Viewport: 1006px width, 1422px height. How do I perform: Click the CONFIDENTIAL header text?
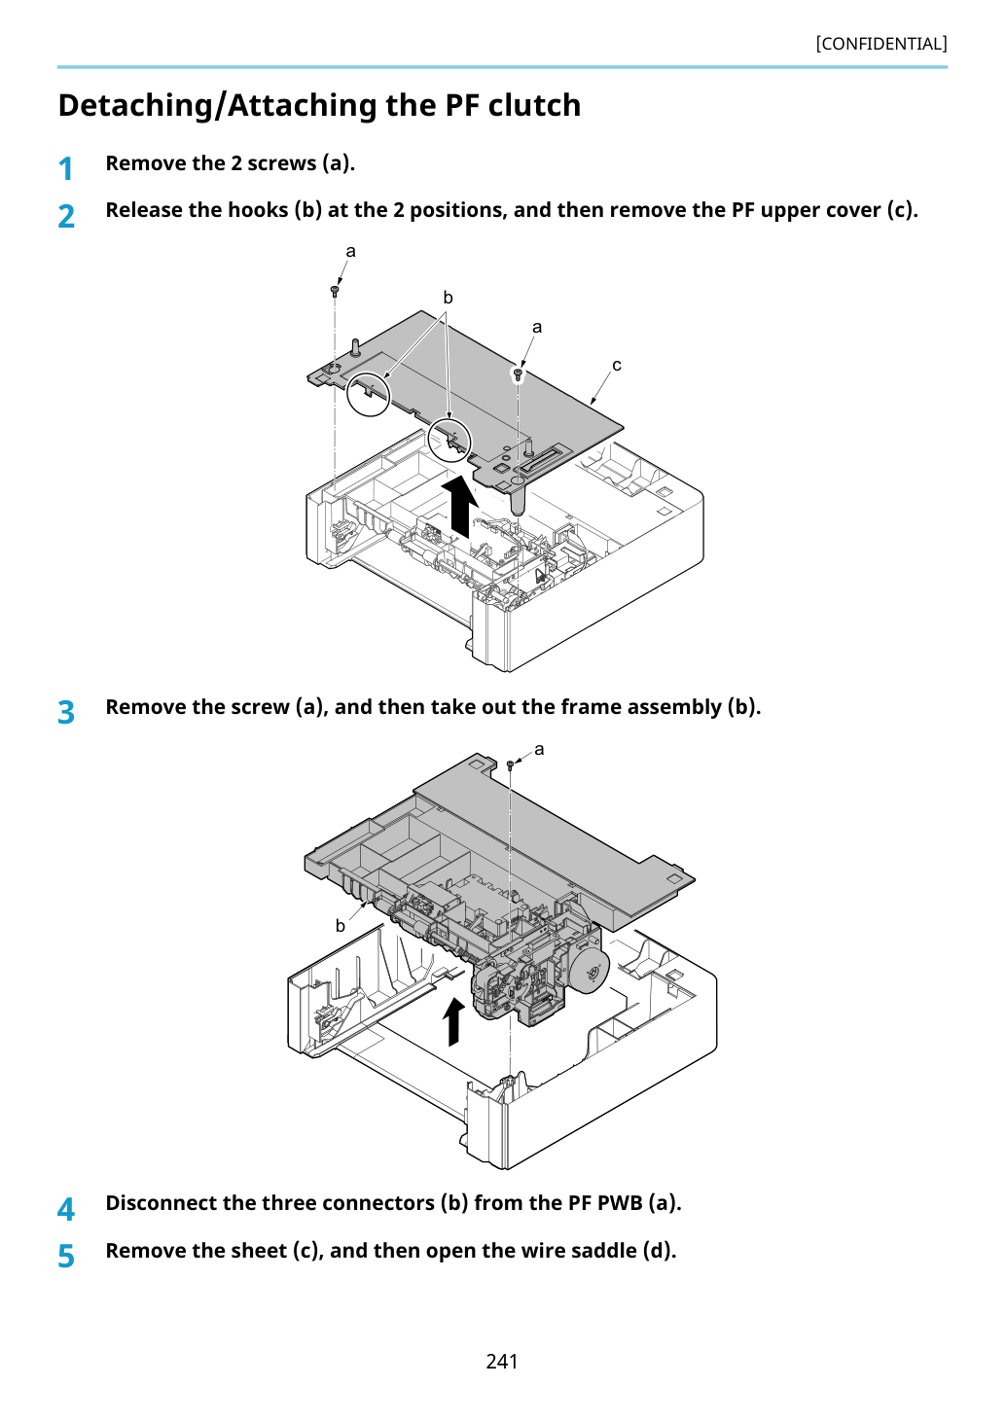click(x=880, y=44)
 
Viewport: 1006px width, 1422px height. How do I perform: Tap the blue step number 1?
click(x=65, y=169)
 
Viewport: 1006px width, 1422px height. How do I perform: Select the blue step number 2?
click(x=66, y=216)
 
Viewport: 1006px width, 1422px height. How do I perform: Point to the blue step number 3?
click(x=66, y=712)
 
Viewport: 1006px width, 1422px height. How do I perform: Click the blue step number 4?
click(x=66, y=1209)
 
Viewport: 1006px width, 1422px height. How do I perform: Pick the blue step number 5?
click(x=66, y=1257)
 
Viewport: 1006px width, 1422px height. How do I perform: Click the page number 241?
click(x=502, y=1361)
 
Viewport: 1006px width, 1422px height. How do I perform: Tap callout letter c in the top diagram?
click(x=616, y=366)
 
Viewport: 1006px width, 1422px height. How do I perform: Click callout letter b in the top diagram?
click(x=448, y=297)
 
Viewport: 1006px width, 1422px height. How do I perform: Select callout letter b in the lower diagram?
click(x=341, y=926)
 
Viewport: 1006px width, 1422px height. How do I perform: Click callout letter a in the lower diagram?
click(x=539, y=750)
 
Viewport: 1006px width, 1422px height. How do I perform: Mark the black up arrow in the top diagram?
click(x=460, y=507)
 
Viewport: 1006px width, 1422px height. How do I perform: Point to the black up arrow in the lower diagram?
click(x=453, y=1021)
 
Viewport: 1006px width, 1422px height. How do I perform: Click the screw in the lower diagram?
click(x=510, y=764)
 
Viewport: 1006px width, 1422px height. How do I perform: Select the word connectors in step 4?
click(x=381, y=1202)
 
